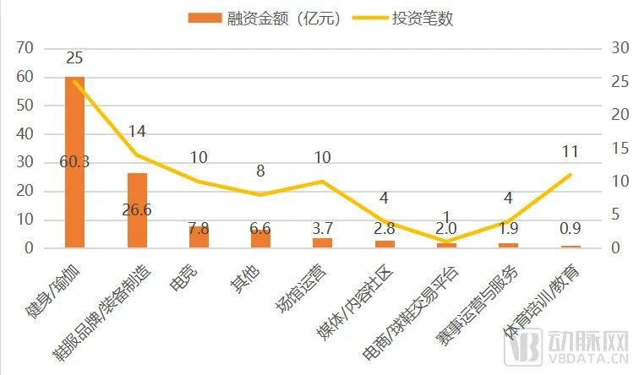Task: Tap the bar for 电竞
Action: click(199, 237)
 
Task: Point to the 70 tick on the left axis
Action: click(26, 48)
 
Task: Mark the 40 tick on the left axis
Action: click(26, 134)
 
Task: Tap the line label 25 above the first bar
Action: click(74, 58)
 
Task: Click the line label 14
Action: click(137, 132)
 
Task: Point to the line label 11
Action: click(570, 152)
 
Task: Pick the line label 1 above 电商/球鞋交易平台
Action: click(445, 218)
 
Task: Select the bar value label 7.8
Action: click(199, 228)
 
